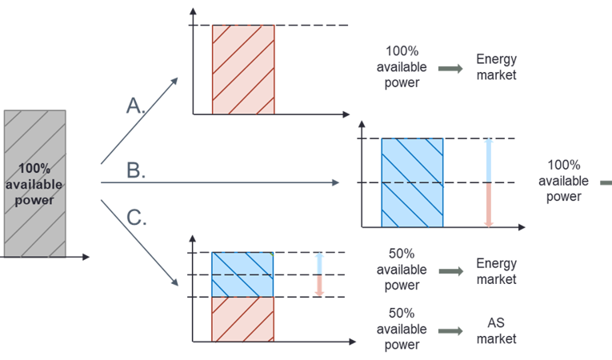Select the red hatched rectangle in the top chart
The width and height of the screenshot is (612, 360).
click(243, 70)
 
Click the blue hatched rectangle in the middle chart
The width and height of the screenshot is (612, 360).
click(412, 183)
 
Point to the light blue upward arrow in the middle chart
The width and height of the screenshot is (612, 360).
click(490, 161)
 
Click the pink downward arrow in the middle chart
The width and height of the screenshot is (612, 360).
click(490, 206)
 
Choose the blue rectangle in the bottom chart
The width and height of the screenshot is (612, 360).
click(242, 274)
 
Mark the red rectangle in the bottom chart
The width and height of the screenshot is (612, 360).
click(242, 319)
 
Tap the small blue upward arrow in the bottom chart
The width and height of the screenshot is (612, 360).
click(318, 262)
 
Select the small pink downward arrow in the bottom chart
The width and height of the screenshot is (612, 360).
click(318, 286)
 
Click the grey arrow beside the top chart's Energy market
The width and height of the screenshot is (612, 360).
click(450, 69)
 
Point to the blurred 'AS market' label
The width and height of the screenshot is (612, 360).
click(496, 330)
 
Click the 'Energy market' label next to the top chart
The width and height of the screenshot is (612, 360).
click(496, 67)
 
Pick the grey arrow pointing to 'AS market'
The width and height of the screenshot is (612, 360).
click(450, 330)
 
